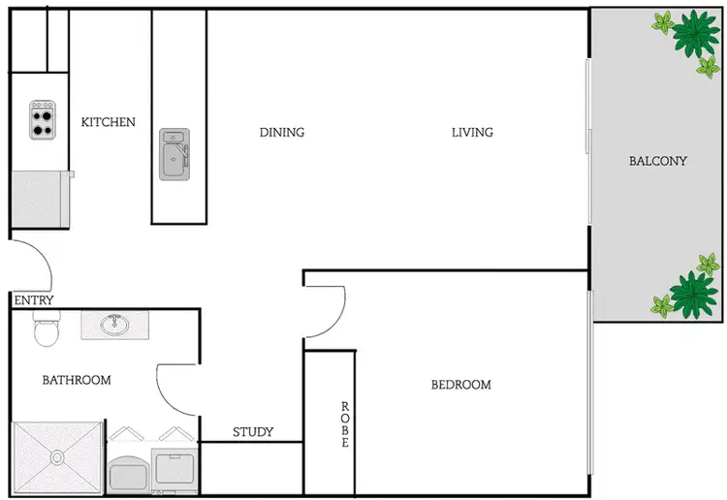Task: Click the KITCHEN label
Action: [108, 122]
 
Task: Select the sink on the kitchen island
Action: [174, 154]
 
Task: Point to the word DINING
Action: [282, 132]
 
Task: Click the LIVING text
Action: [472, 132]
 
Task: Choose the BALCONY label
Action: [657, 161]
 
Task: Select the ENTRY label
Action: [34, 300]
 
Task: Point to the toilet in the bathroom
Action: [47, 330]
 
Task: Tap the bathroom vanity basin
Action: [115, 324]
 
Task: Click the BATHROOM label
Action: [77, 380]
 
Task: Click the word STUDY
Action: [253, 431]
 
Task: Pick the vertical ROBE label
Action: [344, 424]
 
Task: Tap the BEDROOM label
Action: [460, 385]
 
